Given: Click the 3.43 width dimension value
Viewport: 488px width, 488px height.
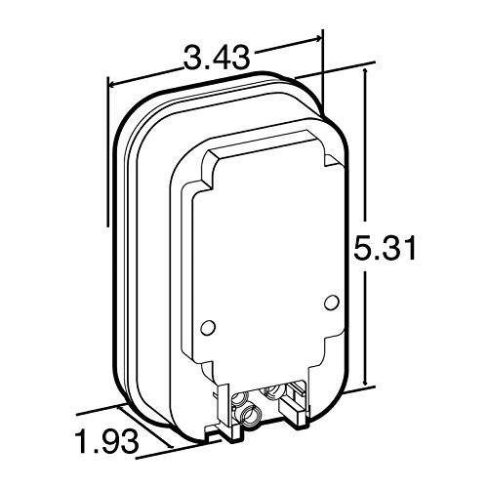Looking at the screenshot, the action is click(217, 58).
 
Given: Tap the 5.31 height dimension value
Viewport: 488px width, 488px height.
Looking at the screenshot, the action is click(385, 248).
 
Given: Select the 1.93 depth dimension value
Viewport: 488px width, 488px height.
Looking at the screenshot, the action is click(106, 441).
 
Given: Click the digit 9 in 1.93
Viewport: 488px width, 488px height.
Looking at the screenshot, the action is click(105, 441).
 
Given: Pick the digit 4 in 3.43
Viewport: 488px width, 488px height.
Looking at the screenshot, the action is click(218, 58).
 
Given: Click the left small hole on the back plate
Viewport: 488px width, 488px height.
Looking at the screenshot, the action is click(208, 327).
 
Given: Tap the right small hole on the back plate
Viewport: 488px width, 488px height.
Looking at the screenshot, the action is click(331, 302).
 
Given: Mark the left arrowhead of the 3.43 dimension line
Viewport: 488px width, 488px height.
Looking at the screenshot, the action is click(112, 85).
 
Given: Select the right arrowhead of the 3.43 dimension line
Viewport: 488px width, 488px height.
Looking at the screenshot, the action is click(316, 40).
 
